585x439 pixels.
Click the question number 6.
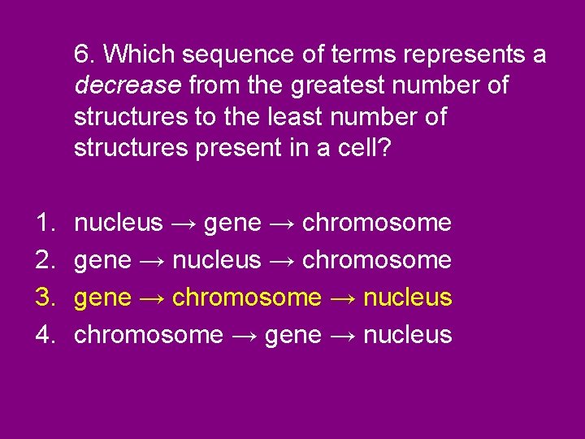(x=84, y=54)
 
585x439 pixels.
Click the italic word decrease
(x=128, y=85)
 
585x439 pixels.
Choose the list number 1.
(x=43, y=222)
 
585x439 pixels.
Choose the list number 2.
(x=43, y=259)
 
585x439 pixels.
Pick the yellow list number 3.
(x=43, y=297)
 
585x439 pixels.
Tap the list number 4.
(x=43, y=334)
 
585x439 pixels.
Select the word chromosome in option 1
(x=376, y=222)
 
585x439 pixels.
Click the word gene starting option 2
(x=102, y=259)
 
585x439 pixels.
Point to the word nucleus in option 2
(x=217, y=259)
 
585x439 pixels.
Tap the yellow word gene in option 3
(x=102, y=297)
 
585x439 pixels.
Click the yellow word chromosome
(x=246, y=297)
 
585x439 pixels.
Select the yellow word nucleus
(x=407, y=297)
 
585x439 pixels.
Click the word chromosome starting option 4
(x=148, y=334)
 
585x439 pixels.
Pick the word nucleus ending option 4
(x=407, y=334)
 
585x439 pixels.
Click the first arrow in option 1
(x=184, y=222)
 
